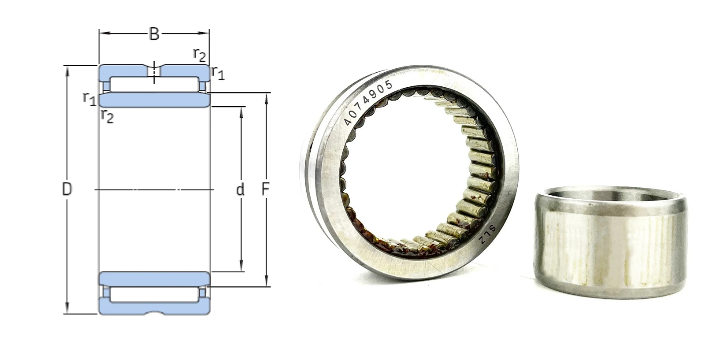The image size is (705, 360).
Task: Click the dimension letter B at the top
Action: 154,34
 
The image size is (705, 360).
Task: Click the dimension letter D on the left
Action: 67,189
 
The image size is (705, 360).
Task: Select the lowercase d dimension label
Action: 240,190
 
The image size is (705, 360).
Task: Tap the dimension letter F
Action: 265,189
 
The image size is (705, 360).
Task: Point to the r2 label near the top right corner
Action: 200,56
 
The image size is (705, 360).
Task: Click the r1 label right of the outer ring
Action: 218,73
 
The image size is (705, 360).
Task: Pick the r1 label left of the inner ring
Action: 89,99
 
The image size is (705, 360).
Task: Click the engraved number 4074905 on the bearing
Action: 368,102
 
